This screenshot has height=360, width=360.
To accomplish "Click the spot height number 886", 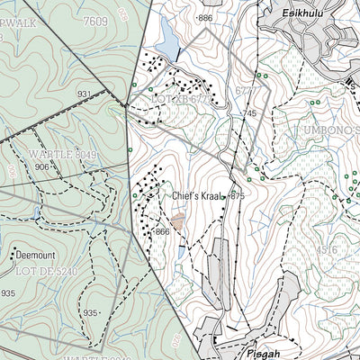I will [206, 18].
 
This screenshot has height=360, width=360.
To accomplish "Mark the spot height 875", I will [238, 195].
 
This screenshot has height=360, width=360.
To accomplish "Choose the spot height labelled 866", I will [162, 232].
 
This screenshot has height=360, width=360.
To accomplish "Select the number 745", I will [249, 113].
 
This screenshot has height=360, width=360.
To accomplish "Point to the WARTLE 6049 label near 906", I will [49, 154].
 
